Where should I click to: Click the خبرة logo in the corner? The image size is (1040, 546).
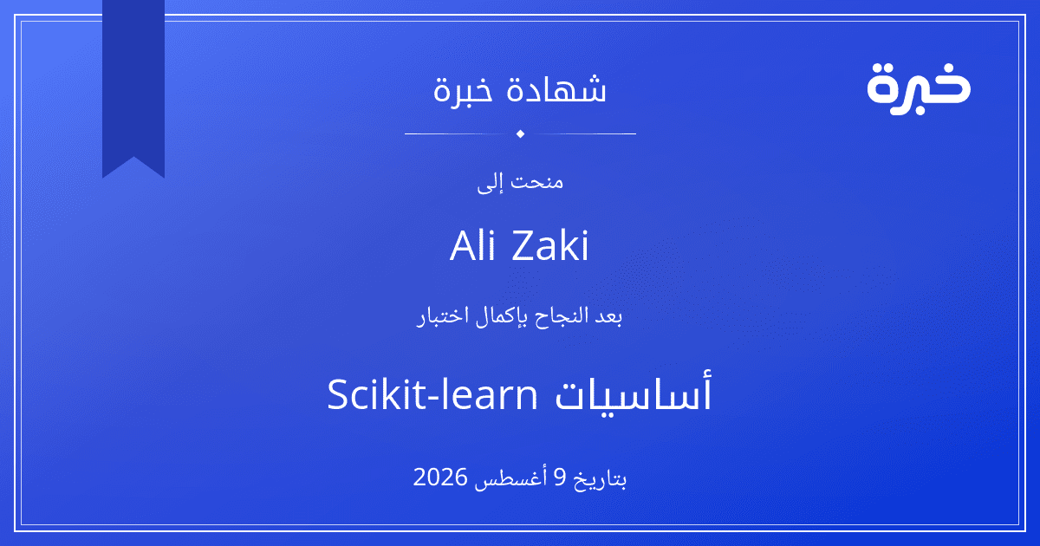pos(919,89)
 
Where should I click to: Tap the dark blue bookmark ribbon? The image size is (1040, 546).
pos(133,83)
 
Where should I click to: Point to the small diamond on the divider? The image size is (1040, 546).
pos(521,133)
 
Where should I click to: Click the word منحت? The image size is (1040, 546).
pos(537,181)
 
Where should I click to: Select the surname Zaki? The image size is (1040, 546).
pos(550,245)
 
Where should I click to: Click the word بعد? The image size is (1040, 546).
pos(608,316)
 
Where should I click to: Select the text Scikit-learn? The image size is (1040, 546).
pos(432,394)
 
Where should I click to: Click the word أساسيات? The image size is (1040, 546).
pos(634,393)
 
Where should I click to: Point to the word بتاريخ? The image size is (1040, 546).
pos(601,478)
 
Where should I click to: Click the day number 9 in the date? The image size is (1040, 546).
pos(561,478)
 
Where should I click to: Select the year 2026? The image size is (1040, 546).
pos(439,478)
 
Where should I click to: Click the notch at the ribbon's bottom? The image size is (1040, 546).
pos(133,157)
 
